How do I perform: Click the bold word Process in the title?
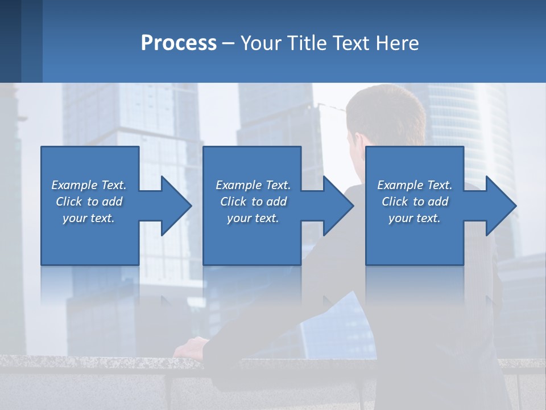[x=179, y=43]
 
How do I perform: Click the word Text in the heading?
[x=351, y=43]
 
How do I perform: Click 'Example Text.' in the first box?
[x=89, y=185]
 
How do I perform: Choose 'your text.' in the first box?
[x=89, y=218]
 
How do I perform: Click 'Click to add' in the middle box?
[x=253, y=202]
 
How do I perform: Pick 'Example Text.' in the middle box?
[x=253, y=185]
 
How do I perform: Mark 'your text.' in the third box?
[x=415, y=218]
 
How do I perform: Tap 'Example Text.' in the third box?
[x=415, y=185]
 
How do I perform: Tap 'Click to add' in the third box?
[x=415, y=202]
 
